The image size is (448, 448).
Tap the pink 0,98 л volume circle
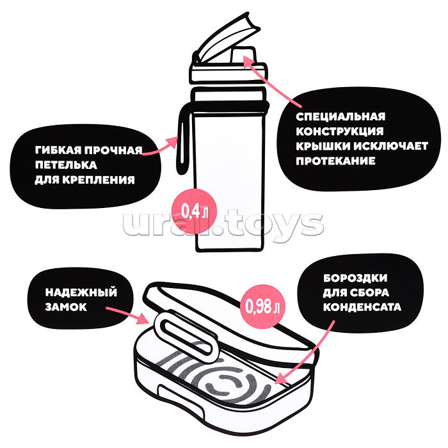click(x=262, y=307)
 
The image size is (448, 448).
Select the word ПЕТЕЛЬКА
click(x=66, y=165)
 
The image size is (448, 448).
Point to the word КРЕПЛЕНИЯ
click(x=99, y=180)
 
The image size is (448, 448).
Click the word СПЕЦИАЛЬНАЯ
click(x=340, y=116)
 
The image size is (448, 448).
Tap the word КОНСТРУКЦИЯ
click(x=340, y=131)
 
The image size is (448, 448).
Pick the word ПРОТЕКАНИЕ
click(x=336, y=161)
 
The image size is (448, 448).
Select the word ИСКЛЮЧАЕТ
click(x=391, y=147)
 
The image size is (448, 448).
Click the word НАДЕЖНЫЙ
click(x=81, y=292)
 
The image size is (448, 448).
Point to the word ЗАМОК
click(x=66, y=307)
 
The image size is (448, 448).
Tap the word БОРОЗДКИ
click(x=355, y=278)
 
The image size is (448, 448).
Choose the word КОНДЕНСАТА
click(x=362, y=307)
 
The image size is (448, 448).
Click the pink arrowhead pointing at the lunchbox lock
click(x=143, y=318)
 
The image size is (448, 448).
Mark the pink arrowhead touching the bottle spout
click(x=248, y=60)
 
